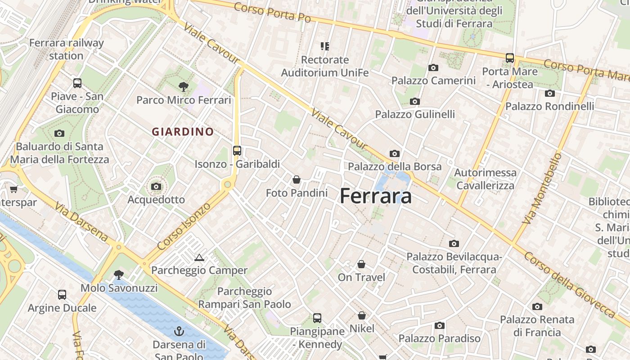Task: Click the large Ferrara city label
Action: coord(376,196)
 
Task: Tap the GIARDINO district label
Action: coord(183,132)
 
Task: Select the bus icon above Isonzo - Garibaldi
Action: coord(237,151)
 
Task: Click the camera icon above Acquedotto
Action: coord(156,186)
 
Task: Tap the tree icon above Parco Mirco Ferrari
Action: coord(183,86)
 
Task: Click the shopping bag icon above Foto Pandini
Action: coord(297,180)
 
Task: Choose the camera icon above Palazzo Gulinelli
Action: coord(415,101)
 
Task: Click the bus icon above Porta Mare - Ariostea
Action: coord(510,58)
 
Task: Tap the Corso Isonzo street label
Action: coord(184,226)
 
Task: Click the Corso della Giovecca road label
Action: coord(569,284)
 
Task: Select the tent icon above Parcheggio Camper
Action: coord(199,257)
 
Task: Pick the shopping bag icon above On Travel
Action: coord(361,264)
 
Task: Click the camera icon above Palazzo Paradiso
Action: coord(440,325)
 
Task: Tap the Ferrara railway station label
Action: coord(67,49)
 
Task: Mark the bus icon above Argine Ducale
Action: coord(62,295)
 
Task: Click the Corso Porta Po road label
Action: coord(272,12)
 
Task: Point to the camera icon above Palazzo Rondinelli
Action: coord(549,94)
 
